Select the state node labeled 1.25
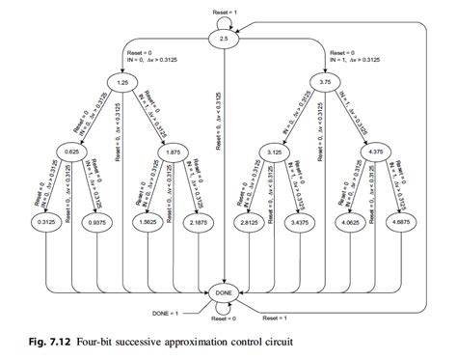click(x=124, y=85)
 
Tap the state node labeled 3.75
click(x=326, y=85)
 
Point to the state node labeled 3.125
click(x=275, y=151)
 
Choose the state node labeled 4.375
click(x=377, y=151)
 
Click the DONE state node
click(x=223, y=292)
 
